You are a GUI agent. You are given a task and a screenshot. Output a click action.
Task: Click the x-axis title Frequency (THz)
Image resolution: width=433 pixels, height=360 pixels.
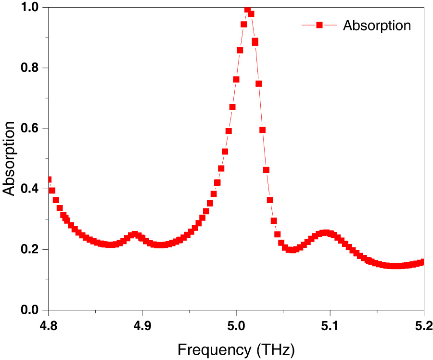236,349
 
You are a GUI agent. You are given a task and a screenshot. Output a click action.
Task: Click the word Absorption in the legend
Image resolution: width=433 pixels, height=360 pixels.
377,26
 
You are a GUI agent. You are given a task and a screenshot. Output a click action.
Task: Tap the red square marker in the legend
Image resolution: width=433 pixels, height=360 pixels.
318,26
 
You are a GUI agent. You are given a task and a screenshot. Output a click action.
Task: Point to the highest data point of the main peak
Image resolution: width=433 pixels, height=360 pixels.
247,9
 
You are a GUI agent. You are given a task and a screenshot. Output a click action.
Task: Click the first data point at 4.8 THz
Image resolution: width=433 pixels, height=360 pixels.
49,180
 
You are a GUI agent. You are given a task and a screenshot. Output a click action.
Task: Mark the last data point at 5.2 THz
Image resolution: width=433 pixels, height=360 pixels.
422,262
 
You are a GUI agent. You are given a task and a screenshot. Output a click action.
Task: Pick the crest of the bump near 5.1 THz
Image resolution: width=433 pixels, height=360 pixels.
327,233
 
